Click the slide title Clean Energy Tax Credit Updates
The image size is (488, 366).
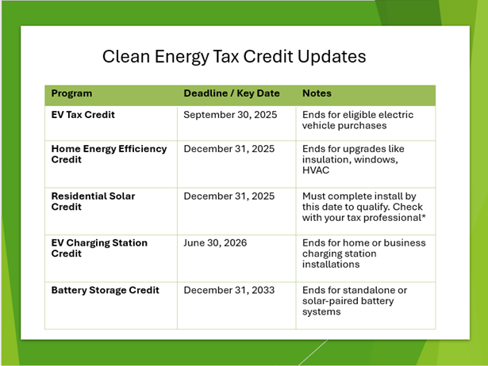234,56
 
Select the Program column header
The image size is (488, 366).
71,93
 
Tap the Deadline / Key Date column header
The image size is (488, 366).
232,93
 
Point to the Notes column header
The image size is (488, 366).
317,93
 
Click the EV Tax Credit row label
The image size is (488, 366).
83,115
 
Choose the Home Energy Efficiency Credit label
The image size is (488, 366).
109,154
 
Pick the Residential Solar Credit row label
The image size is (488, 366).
93,201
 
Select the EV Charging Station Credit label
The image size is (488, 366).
99,248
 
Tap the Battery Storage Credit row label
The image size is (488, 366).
106,290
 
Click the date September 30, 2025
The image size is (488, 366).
230,115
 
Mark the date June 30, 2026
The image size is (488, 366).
215,242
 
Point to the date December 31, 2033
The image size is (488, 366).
229,290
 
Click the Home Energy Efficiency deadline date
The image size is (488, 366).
229,149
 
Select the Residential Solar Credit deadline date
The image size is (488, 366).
229,196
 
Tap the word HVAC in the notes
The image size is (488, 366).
316,170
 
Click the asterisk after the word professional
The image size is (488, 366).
424,216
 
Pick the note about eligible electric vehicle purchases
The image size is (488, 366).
358,120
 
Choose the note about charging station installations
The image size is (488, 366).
364,254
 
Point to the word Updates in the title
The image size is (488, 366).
332,56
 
